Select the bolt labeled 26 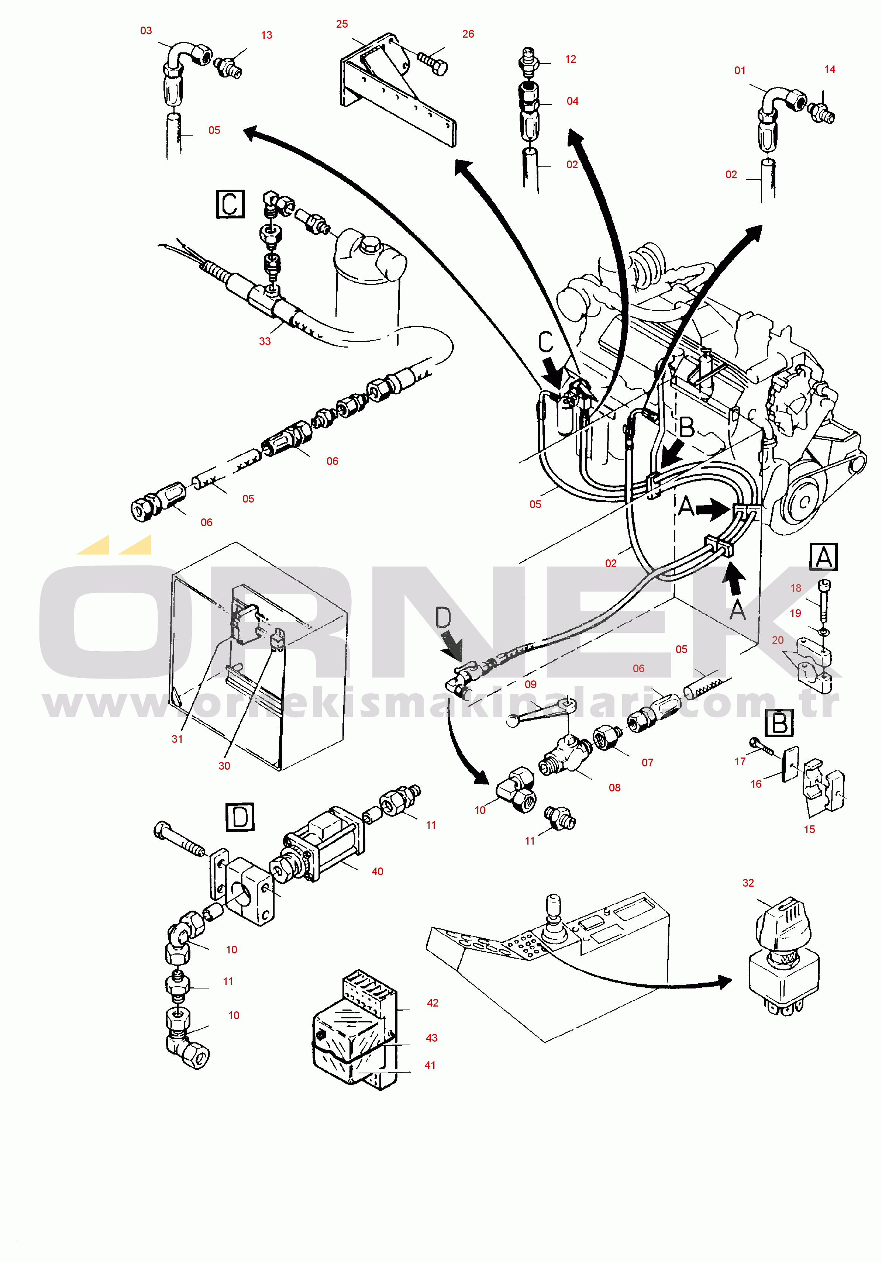[x=433, y=62]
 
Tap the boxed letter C [x=230, y=204]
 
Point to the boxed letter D [x=240, y=817]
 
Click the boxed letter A [x=824, y=557]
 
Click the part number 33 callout [x=265, y=341]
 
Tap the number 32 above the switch [x=748, y=883]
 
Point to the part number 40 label [x=378, y=872]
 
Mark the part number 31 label [x=177, y=739]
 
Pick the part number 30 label [x=224, y=766]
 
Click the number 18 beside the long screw [x=796, y=588]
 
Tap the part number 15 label [x=809, y=829]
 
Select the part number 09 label [x=530, y=684]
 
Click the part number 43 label [x=432, y=1038]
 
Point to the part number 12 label [x=571, y=59]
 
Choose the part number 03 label [x=146, y=31]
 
